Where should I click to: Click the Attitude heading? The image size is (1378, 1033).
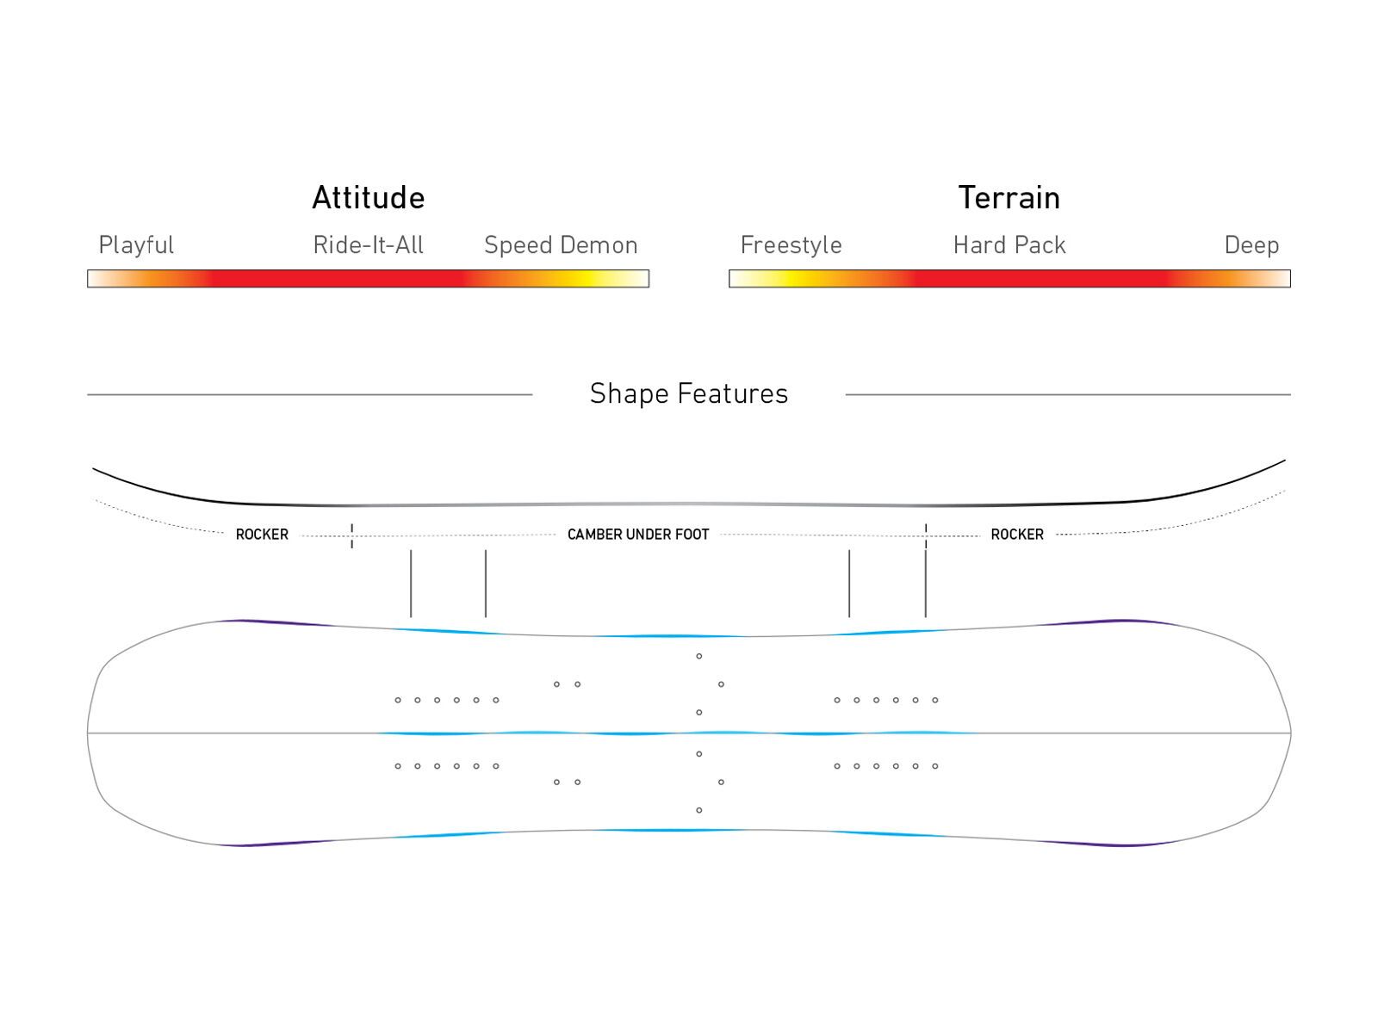pos(368,198)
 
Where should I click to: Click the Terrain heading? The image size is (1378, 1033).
pos(1009,198)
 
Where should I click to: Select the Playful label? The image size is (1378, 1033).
pos(136,245)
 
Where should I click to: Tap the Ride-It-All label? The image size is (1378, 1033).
pos(368,245)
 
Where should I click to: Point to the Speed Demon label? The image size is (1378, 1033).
pos(561,245)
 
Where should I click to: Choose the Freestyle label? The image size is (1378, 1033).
pos(791,245)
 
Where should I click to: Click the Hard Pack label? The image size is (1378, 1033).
pos(1009,245)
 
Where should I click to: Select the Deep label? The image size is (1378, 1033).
pos(1251,245)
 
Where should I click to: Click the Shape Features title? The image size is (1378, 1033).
pos(689,393)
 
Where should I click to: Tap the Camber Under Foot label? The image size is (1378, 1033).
pos(638,535)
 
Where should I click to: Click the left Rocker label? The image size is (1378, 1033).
pos(262,535)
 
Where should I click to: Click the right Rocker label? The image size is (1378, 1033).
pos(1017,535)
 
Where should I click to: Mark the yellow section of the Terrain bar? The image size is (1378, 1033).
pos(791,279)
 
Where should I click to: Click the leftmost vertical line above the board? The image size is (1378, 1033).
pos(411,584)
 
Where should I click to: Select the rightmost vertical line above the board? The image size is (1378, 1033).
pos(926,584)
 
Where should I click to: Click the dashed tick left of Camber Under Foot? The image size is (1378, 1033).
pos(351,535)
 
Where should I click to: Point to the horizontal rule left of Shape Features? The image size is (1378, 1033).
pos(310,394)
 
